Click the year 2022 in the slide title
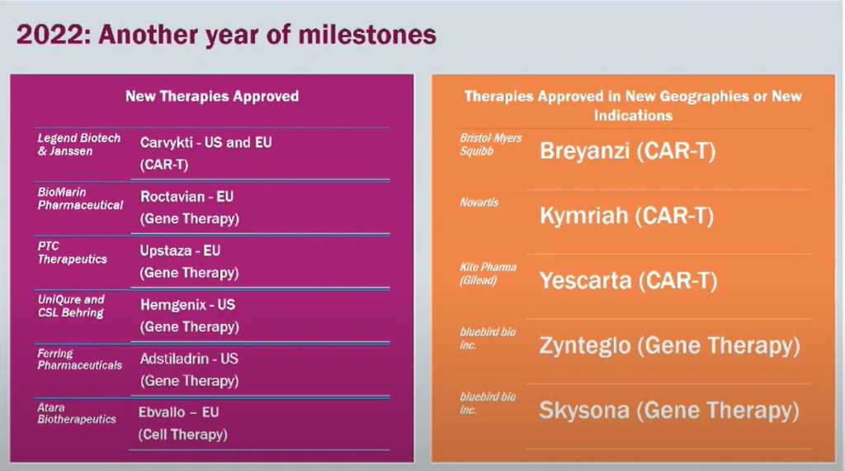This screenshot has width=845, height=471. coord(50,35)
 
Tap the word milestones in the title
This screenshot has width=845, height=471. coord(367,35)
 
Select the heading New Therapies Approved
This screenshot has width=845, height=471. coord(212,96)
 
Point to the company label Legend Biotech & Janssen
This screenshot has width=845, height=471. coord(78,145)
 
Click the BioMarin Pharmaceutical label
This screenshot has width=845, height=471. coord(80,198)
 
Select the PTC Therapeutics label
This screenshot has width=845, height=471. coord(73,253)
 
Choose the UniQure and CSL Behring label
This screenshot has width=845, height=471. coord(71,306)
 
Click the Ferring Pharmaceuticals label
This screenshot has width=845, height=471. coord(80,359)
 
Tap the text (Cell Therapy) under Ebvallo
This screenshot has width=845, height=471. coord(182,435)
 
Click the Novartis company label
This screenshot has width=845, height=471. coord(479,202)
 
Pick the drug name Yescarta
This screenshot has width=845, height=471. coord(585,281)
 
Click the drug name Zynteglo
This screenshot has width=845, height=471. coord(585,346)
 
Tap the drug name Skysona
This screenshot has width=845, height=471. coord(584,410)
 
